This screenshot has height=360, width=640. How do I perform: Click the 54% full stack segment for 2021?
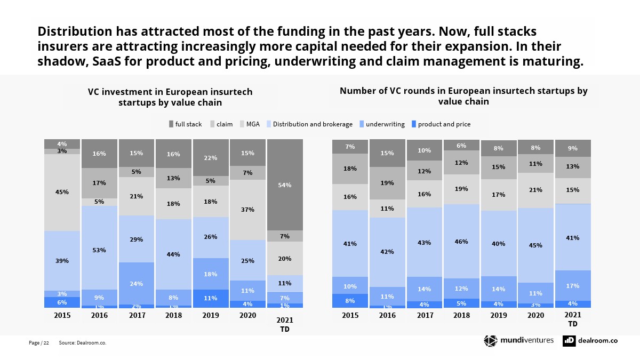[285, 185]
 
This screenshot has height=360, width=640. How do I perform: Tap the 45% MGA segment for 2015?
[62, 193]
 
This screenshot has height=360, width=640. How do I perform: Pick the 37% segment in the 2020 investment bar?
[247, 210]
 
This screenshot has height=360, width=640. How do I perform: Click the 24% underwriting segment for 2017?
[136, 283]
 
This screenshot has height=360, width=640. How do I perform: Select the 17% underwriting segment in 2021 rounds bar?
[573, 285]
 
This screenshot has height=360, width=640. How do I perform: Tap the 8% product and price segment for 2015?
[350, 301]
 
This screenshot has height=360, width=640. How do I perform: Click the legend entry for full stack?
[185, 124]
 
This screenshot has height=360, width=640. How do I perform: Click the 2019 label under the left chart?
[211, 315]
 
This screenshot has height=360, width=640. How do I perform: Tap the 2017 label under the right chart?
[425, 315]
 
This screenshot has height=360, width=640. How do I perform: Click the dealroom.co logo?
[590, 341]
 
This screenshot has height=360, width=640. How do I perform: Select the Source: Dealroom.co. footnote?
[83, 343]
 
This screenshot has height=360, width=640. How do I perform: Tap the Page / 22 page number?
[38, 343]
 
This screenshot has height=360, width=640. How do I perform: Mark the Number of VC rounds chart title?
[463, 96]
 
